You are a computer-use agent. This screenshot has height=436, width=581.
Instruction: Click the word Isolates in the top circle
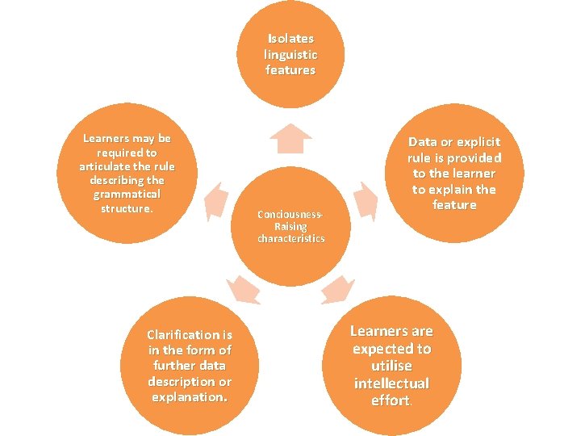(x=290, y=39)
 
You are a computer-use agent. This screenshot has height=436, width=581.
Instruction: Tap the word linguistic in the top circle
(x=290, y=55)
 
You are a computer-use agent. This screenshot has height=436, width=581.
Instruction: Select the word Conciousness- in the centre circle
(x=290, y=215)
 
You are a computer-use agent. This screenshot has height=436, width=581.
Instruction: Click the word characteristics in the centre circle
(x=290, y=239)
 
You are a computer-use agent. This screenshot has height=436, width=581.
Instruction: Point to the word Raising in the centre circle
(x=290, y=227)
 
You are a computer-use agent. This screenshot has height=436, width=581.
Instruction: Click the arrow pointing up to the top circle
(x=290, y=139)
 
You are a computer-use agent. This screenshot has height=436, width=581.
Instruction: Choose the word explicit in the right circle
(x=476, y=142)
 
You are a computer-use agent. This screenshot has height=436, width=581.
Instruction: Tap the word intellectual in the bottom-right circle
(x=391, y=384)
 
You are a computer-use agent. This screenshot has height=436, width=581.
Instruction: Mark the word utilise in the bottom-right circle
(x=391, y=366)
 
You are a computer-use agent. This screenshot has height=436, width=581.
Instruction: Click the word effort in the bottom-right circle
(x=391, y=400)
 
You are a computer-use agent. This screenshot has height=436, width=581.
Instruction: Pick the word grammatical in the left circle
(x=127, y=195)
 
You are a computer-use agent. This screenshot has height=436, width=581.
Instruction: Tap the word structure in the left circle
(x=126, y=209)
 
